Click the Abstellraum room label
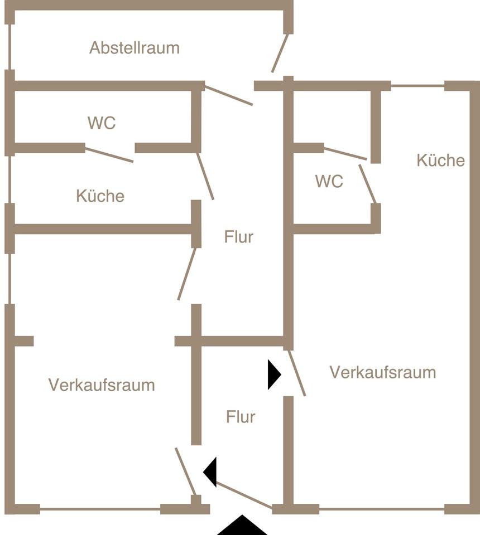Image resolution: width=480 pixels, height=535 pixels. click(x=135, y=48)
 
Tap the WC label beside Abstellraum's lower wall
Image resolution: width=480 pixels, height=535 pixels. click(x=102, y=123)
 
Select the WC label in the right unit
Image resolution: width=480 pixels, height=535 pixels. click(x=329, y=182)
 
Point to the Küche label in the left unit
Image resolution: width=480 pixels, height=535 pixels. click(x=100, y=196)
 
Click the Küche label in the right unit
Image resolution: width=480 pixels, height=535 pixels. click(x=440, y=160)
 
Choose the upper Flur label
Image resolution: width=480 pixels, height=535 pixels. click(x=239, y=237)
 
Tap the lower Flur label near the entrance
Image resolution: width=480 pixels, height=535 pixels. click(x=241, y=417)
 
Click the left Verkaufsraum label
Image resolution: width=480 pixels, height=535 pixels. click(x=101, y=385)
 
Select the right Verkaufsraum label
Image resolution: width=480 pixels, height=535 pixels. click(x=382, y=372)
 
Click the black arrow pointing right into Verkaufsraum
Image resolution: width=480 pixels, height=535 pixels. click(x=273, y=374)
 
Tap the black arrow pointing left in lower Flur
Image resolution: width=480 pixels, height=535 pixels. click(x=210, y=471)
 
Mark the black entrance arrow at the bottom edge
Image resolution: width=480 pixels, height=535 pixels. click(x=242, y=527)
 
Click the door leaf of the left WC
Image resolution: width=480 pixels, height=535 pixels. click(x=109, y=155)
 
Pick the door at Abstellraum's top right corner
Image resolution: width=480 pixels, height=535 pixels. click(x=280, y=53)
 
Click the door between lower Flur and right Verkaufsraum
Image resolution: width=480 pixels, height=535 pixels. click(x=296, y=373)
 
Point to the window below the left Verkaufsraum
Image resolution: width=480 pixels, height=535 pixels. click(x=100, y=509)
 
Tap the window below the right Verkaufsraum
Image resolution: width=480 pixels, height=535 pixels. click(x=382, y=509)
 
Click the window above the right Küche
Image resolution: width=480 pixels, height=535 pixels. click(x=417, y=86)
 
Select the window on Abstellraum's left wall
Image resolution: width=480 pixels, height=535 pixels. click(x=9, y=47)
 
